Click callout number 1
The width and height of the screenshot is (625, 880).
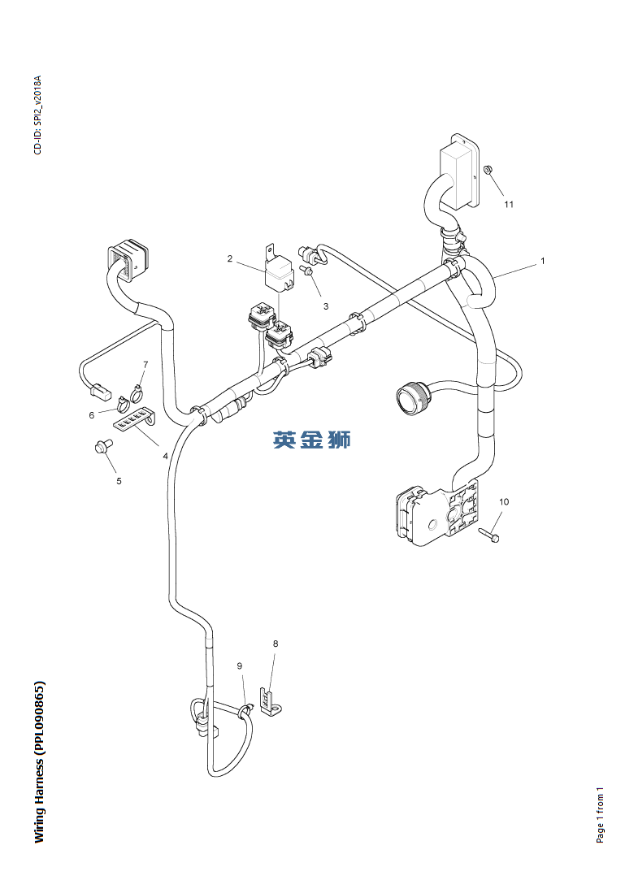pyautogui.click(x=542, y=261)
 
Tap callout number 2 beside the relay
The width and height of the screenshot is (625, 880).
pyautogui.click(x=230, y=258)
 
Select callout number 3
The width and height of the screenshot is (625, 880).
pyautogui.click(x=326, y=306)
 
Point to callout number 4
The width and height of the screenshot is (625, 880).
pyautogui.click(x=166, y=456)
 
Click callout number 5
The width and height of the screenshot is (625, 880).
pyautogui.click(x=119, y=481)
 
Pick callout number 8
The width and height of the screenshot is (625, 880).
pyautogui.click(x=276, y=644)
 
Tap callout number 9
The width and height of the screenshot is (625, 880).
pyautogui.click(x=240, y=665)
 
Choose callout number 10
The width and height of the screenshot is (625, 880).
pyautogui.click(x=504, y=501)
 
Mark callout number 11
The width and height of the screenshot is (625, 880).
pyautogui.click(x=509, y=204)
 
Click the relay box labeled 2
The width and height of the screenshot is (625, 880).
pyautogui.click(x=279, y=271)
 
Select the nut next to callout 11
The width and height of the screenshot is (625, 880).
pyautogui.click(x=488, y=168)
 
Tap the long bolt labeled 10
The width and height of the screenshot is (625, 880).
pyautogui.click(x=489, y=535)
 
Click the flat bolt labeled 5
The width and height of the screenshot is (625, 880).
pyautogui.click(x=102, y=447)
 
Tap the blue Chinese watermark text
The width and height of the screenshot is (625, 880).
pyautogui.click(x=312, y=440)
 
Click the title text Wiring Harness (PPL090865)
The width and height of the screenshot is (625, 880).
pyautogui.click(x=39, y=761)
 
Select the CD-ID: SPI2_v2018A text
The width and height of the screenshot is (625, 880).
pyautogui.click(x=37, y=115)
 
